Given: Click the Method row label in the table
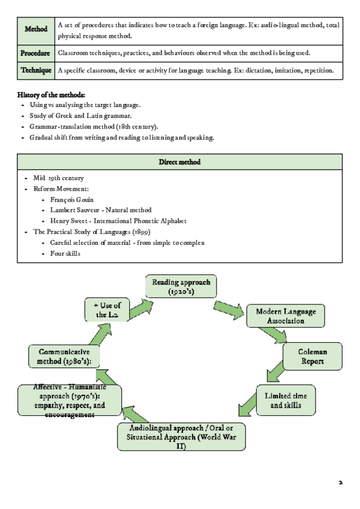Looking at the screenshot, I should point(36,29).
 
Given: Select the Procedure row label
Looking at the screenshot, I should point(35,53).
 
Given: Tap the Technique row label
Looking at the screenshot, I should point(36,70).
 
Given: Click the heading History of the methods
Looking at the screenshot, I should point(52,95).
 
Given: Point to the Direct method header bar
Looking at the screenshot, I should point(179,162).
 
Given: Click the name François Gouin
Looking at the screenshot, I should point(72,199).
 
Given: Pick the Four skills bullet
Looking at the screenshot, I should point(65,253).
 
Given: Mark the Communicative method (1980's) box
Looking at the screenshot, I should point(64,357).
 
